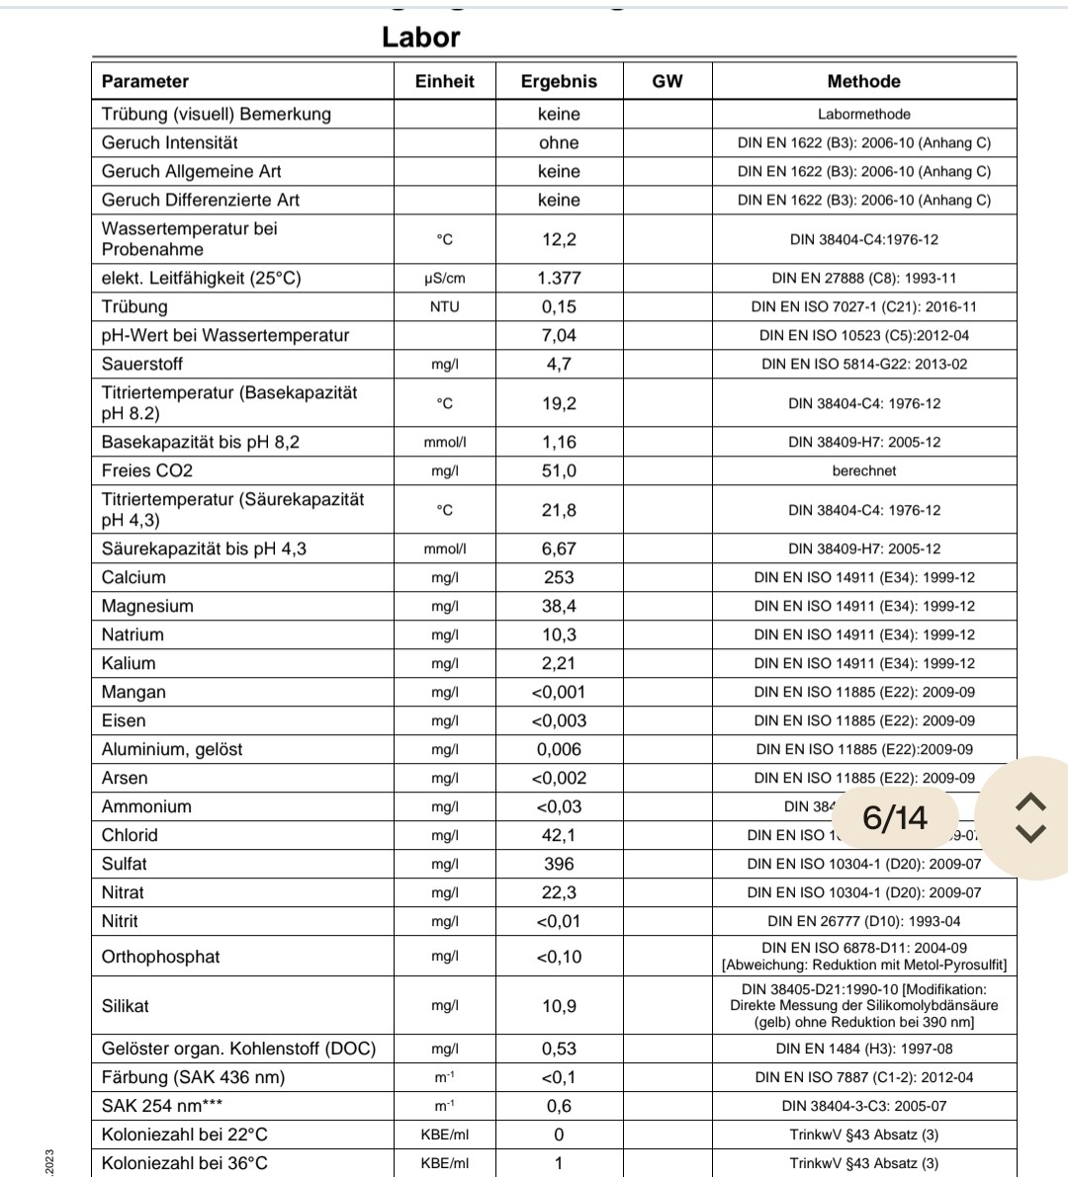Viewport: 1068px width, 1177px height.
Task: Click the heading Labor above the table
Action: (421, 38)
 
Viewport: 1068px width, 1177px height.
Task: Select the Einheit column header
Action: (444, 81)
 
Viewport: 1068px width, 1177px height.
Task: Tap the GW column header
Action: (667, 81)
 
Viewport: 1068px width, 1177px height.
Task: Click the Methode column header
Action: (863, 81)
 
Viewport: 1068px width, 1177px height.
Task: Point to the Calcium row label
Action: (133, 577)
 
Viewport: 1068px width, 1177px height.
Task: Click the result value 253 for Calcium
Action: (559, 577)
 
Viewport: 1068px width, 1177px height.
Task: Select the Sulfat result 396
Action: (559, 864)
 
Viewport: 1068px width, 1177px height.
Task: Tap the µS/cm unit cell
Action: (444, 279)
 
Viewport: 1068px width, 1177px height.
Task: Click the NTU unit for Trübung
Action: (444, 307)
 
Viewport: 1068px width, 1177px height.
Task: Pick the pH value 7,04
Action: (559, 336)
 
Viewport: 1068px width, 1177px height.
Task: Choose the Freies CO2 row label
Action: (147, 471)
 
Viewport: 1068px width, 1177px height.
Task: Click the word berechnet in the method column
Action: (863, 471)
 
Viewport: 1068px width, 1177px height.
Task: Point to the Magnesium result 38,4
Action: (559, 606)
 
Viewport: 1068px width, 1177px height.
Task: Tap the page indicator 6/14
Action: (895, 817)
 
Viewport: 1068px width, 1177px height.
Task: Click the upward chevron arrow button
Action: (1030, 800)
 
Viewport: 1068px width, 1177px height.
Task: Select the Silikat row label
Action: (126, 1006)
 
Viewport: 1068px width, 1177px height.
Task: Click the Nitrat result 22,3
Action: (559, 892)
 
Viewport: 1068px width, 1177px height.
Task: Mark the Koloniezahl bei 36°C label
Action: (184, 1163)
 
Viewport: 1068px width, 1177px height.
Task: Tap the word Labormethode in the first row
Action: (863, 115)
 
